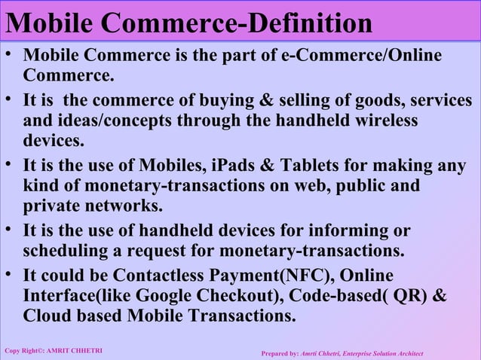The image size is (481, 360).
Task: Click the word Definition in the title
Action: click(x=311, y=23)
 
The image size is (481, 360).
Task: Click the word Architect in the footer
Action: click(x=407, y=353)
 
